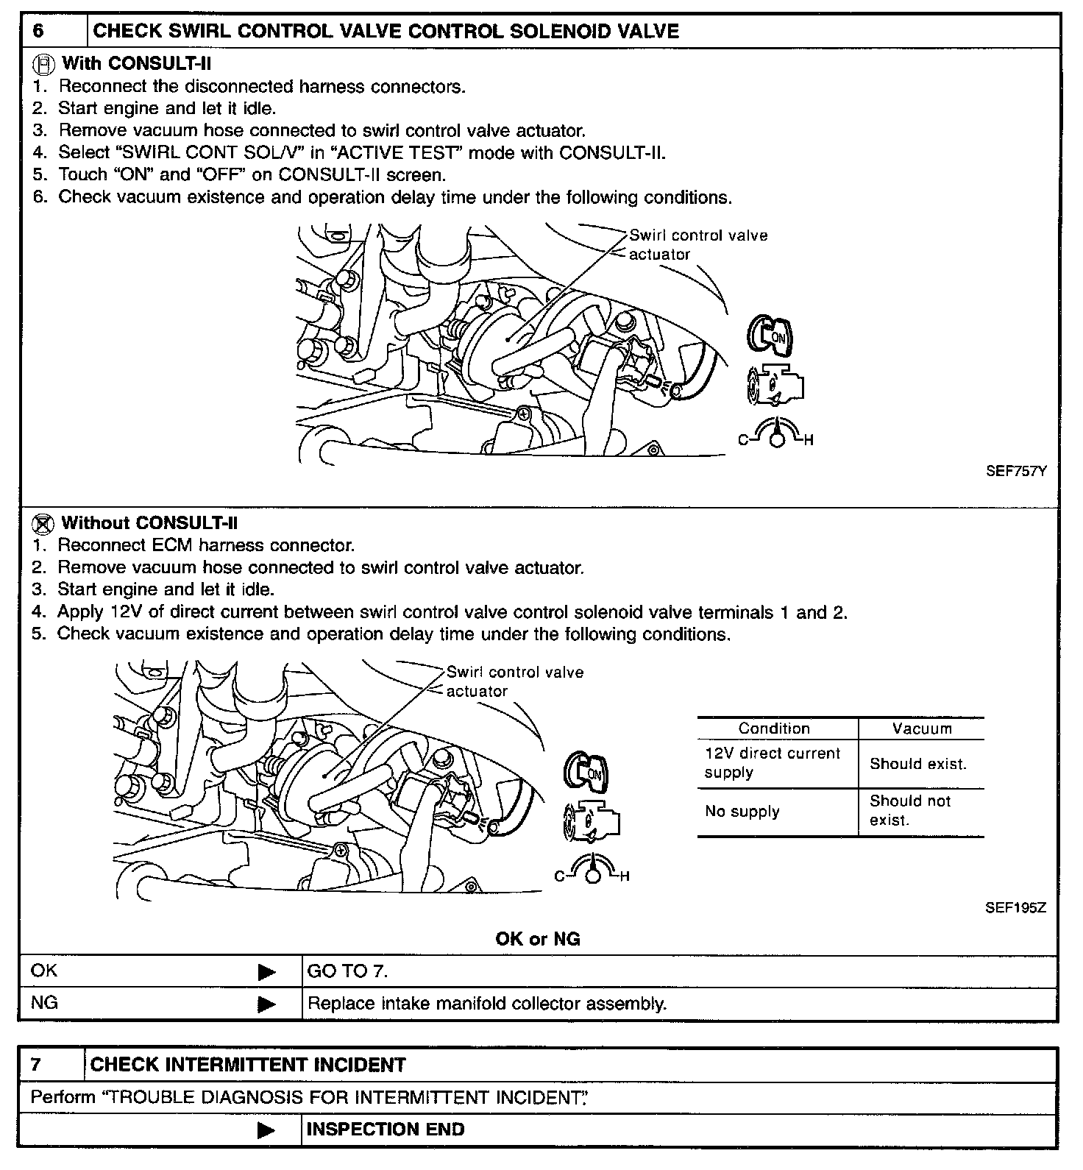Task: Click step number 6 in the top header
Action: pyautogui.click(x=39, y=32)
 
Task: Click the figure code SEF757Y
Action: pyautogui.click(x=1015, y=472)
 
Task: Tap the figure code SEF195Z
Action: pyautogui.click(x=1015, y=907)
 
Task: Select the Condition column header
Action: pyautogui.click(x=774, y=728)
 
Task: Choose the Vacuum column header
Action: pyautogui.click(x=922, y=728)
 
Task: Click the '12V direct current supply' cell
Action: pyautogui.click(x=773, y=763)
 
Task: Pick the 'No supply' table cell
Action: pyautogui.click(x=742, y=812)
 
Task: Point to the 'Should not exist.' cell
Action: pyautogui.click(x=910, y=810)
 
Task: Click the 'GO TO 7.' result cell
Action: pyautogui.click(x=347, y=971)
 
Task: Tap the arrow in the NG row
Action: pyautogui.click(x=267, y=1004)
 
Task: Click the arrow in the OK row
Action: pyautogui.click(x=267, y=972)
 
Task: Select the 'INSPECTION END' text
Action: pyautogui.click(x=386, y=1130)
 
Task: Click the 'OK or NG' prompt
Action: pyautogui.click(x=538, y=939)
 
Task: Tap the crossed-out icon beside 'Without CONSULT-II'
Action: pyautogui.click(x=44, y=524)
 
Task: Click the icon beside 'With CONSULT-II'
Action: pyautogui.click(x=45, y=65)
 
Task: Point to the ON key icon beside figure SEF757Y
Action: pyautogui.click(x=770, y=334)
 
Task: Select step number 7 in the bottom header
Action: pyautogui.click(x=37, y=1065)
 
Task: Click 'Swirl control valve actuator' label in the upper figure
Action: pyautogui.click(x=697, y=245)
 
